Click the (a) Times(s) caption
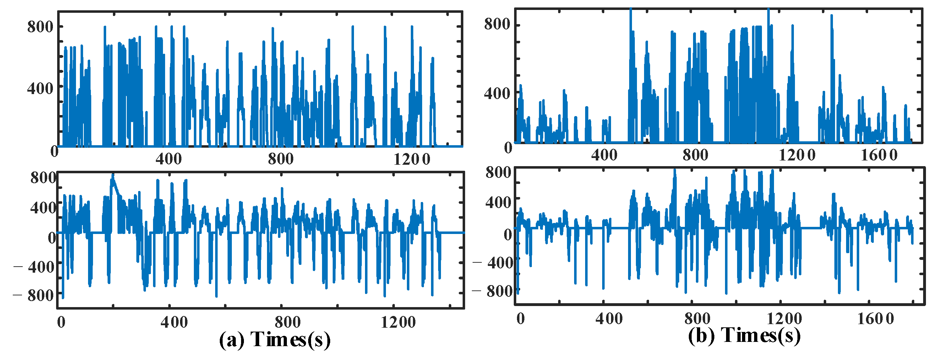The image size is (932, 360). click(x=274, y=340)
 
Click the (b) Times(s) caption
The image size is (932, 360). click(x=744, y=336)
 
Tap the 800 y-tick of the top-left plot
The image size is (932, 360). click(x=40, y=27)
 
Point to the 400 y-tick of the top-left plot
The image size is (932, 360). click(x=40, y=88)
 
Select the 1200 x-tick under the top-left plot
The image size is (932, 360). click(x=412, y=159)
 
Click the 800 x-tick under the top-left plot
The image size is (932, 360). click(x=281, y=159)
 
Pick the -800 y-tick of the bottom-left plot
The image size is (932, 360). click(x=34, y=295)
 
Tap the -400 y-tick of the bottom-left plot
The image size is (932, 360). click(x=34, y=267)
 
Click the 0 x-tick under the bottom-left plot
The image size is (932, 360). click(x=61, y=322)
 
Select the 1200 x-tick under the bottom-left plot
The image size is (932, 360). click(x=398, y=322)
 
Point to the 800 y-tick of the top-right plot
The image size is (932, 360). click(x=497, y=24)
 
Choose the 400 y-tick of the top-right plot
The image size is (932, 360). click(x=497, y=93)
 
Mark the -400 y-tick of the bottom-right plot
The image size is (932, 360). click(x=493, y=262)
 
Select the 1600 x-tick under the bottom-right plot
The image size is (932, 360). click(x=875, y=319)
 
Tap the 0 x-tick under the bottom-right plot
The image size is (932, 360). click(x=520, y=319)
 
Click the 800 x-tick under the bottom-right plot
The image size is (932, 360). click(x=697, y=319)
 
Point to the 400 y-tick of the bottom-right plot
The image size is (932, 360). click(x=498, y=202)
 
